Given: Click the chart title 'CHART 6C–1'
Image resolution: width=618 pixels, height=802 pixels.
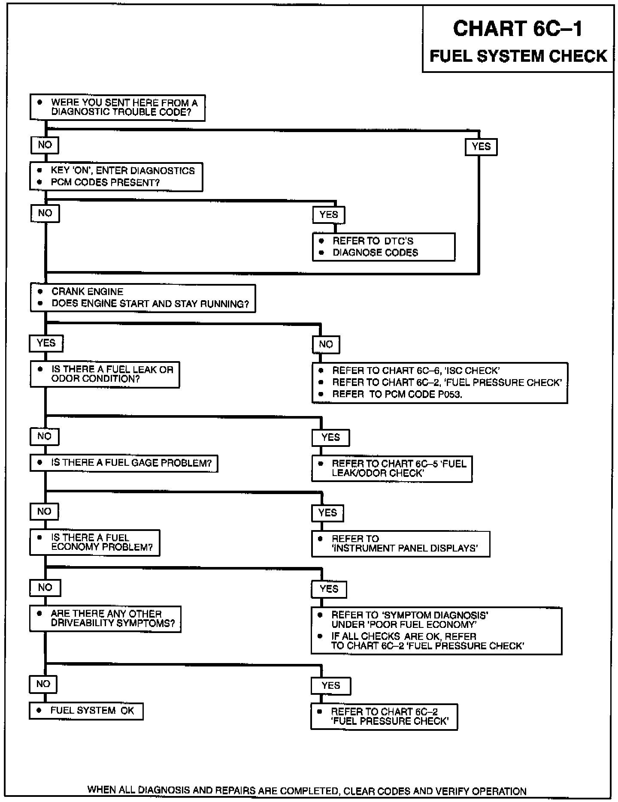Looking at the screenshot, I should click(518, 29).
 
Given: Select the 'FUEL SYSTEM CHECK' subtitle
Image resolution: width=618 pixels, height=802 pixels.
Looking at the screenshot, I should click(518, 56).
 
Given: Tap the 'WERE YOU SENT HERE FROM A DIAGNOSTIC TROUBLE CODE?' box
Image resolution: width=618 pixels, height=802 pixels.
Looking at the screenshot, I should click(117, 108).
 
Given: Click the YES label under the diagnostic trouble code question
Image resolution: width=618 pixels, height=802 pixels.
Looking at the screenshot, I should click(481, 147).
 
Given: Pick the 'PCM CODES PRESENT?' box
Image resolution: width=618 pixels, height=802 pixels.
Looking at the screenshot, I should click(116, 177).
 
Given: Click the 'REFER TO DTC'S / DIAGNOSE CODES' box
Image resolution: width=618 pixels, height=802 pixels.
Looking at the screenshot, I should click(383, 247).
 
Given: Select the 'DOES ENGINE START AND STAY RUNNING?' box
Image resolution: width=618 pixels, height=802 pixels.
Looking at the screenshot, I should click(143, 298).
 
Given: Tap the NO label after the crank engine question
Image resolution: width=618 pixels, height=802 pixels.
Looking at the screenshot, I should click(326, 344).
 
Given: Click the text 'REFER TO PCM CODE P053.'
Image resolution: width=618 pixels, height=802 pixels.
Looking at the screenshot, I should click(397, 395).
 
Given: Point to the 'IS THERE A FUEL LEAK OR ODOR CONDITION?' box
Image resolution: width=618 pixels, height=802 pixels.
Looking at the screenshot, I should click(105, 374).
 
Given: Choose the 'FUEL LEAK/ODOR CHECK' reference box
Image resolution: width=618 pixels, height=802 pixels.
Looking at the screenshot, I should click(392, 469).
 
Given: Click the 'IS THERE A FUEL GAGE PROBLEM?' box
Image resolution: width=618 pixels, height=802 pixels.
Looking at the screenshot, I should click(124, 463).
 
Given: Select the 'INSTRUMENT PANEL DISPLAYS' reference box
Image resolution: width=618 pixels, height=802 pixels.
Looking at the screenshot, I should click(400, 544).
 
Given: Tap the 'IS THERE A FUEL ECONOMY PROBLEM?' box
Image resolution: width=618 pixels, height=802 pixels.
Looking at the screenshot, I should click(95, 543).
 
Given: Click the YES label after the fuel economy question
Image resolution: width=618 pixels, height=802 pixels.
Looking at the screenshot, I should click(329, 589).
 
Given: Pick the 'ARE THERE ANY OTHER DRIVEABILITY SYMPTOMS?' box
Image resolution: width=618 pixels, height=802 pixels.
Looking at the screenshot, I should click(105, 618).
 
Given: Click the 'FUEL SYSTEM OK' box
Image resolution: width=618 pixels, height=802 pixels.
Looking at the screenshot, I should click(86, 711).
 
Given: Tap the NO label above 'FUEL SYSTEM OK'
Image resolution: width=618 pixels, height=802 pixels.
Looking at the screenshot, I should click(43, 684).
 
